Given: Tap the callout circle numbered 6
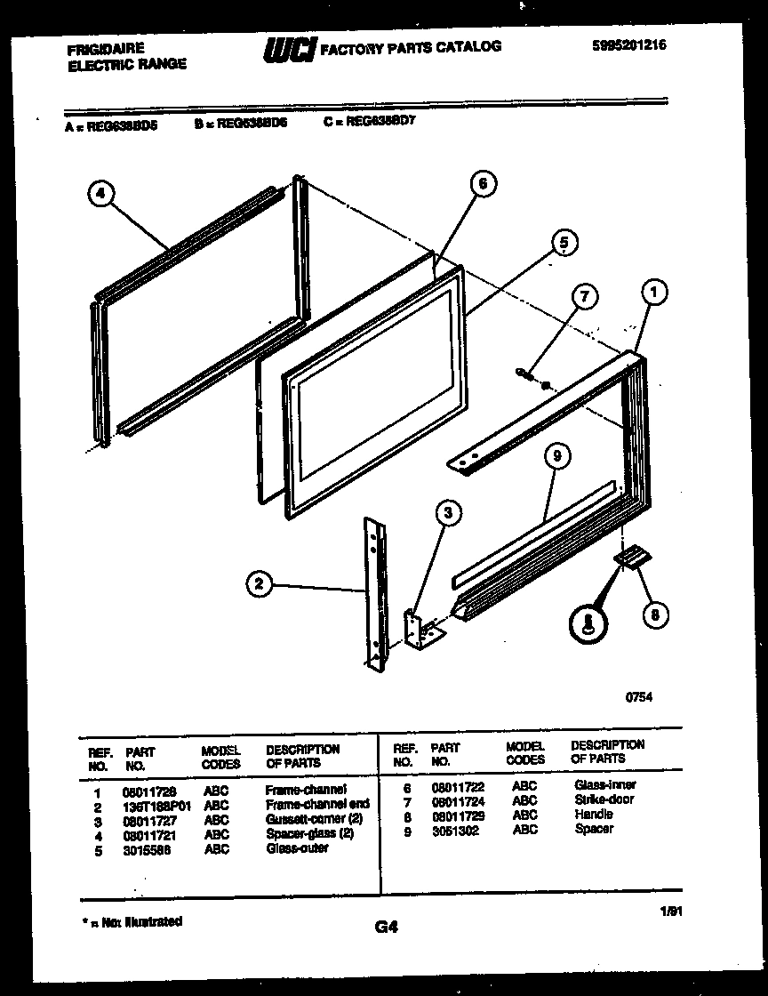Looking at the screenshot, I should click(x=481, y=184).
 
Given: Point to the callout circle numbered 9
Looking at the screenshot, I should click(x=556, y=456).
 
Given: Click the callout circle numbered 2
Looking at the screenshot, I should click(x=259, y=583).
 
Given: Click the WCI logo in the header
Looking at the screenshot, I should click(x=287, y=50).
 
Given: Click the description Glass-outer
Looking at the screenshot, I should click(x=297, y=848).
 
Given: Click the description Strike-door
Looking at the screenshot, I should click(x=604, y=799).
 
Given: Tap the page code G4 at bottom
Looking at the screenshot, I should click(x=386, y=928).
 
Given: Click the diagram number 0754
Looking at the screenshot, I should click(x=640, y=698).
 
